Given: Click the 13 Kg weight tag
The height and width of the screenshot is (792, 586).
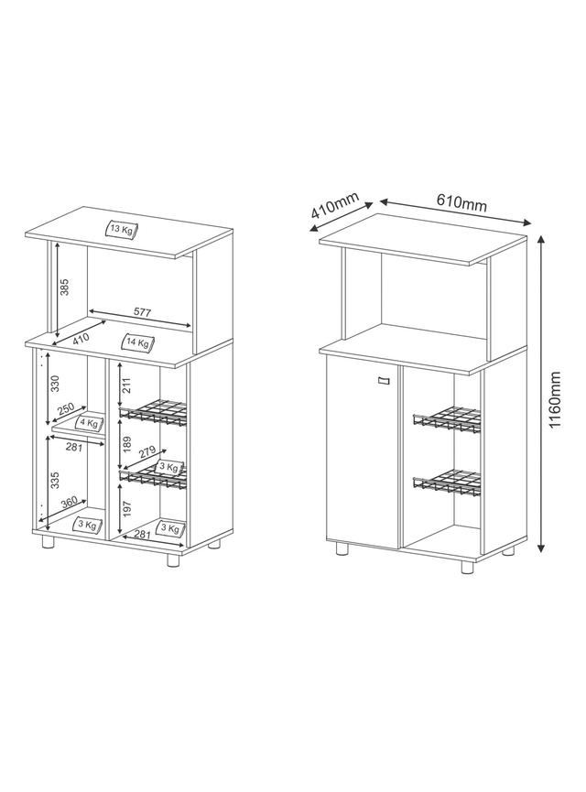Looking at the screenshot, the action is tap(122, 230).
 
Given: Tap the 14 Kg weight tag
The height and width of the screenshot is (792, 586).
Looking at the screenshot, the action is tap(138, 343).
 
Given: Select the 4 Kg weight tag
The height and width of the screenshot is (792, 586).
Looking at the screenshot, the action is tap(90, 422).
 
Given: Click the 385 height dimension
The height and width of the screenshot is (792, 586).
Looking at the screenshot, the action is tap(64, 288).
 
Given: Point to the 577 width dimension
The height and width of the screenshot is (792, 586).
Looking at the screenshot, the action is tap(143, 312).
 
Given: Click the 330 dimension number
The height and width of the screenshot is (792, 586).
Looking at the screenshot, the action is tap(56, 384).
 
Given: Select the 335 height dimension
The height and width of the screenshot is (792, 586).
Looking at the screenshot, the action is tap(55, 481).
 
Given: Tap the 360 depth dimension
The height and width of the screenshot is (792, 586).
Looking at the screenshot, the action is tap(69, 503).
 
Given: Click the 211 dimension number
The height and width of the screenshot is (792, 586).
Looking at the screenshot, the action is tap(126, 385).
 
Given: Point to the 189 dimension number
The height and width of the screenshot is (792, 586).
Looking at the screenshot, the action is tap(126, 444).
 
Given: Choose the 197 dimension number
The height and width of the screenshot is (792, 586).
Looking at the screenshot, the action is tap(126, 510).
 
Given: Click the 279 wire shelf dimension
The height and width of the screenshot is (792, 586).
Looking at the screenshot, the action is tap(147, 452).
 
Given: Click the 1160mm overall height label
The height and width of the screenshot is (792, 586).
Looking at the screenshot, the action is tap(555, 399).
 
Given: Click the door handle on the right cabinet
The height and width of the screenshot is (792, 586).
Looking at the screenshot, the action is tap(383, 380).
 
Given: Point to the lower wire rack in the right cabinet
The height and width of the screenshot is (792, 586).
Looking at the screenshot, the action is tap(447, 483).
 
